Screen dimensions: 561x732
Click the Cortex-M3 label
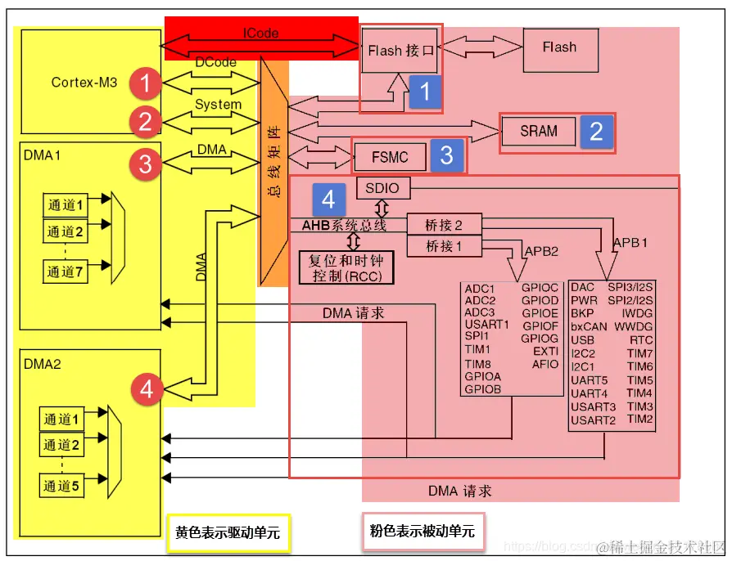84,82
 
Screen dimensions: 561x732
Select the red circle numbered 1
146,83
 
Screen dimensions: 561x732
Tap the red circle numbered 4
146,389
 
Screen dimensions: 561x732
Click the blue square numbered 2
596,132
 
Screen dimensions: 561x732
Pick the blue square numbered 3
446,155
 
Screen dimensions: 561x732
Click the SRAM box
538,131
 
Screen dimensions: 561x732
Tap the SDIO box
382,188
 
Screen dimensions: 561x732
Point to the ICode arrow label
260,34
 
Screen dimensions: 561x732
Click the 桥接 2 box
445,225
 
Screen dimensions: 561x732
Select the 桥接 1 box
445,245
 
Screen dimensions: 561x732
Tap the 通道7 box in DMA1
65,272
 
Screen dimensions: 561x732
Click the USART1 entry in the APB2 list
486,325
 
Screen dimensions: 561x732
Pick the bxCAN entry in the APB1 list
589,326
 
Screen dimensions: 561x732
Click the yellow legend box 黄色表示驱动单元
228,532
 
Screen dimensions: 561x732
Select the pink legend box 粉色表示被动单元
422,532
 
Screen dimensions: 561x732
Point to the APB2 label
542,251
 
